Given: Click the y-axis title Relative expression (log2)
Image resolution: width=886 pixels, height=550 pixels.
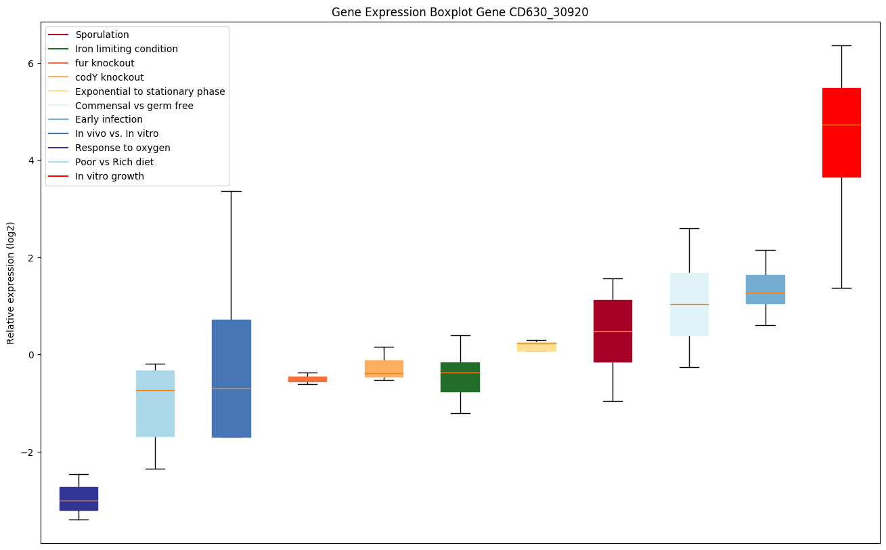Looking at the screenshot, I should pyautogui.click(x=11, y=282).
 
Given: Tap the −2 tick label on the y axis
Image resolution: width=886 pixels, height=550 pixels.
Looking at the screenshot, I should pyautogui.click(x=30, y=452).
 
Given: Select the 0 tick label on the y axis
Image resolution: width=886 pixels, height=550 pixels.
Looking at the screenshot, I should pyautogui.click(x=32, y=355).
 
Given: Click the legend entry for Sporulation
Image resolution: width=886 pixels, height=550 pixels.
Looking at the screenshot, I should pyautogui.click(x=102, y=35).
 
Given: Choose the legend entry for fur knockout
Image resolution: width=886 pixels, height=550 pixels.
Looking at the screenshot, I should pyautogui.click(x=105, y=63).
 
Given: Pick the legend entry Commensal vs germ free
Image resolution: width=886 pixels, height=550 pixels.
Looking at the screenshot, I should pyautogui.click(x=134, y=106).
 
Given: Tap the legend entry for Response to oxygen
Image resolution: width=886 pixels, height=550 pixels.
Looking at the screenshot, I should pyautogui.click(x=123, y=148).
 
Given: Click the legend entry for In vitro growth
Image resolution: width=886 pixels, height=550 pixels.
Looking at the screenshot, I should pyautogui.click(x=110, y=176).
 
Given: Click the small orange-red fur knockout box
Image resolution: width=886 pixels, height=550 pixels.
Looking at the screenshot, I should pyautogui.click(x=307, y=379).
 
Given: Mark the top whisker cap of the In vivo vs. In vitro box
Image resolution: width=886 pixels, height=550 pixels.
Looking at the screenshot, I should pyautogui.click(x=231, y=191).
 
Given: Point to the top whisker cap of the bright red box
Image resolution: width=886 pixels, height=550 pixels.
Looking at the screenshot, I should pyautogui.click(x=841, y=45).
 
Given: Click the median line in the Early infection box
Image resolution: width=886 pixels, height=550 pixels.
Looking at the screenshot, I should pyautogui.click(x=766, y=293).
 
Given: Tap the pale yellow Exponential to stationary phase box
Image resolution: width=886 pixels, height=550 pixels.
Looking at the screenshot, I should pyautogui.click(x=537, y=347).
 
